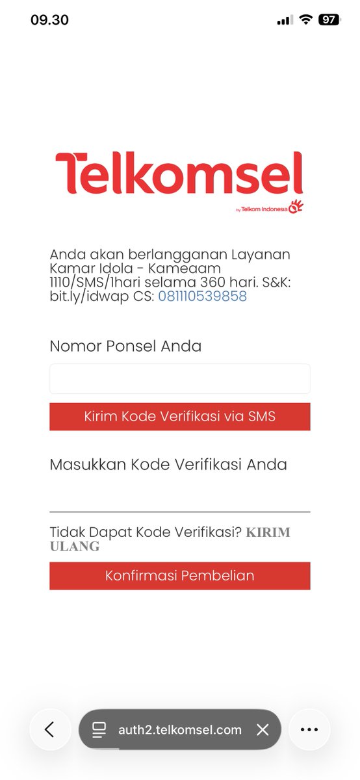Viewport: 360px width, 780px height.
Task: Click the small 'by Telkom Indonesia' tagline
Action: click(x=263, y=209)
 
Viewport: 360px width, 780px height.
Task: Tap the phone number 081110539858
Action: click(x=202, y=296)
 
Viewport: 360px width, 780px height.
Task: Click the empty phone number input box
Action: click(x=179, y=378)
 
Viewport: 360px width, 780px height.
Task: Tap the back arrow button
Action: click(x=50, y=729)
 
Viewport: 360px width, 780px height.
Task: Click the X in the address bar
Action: click(x=263, y=729)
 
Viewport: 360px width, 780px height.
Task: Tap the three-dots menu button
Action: click(x=309, y=729)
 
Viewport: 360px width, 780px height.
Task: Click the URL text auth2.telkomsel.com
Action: click(x=180, y=729)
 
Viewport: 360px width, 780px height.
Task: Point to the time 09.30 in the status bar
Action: click(x=49, y=20)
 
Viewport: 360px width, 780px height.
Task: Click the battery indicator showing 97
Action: click(x=329, y=20)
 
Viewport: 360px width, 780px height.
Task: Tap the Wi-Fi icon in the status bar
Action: click(x=305, y=20)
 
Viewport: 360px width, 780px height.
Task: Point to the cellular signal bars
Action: click(x=285, y=20)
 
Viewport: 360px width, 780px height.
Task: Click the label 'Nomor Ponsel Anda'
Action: click(x=125, y=346)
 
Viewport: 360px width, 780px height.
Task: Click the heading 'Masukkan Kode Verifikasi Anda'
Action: click(x=168, y=465)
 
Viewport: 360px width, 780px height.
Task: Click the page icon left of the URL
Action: click(x=99, y=729)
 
